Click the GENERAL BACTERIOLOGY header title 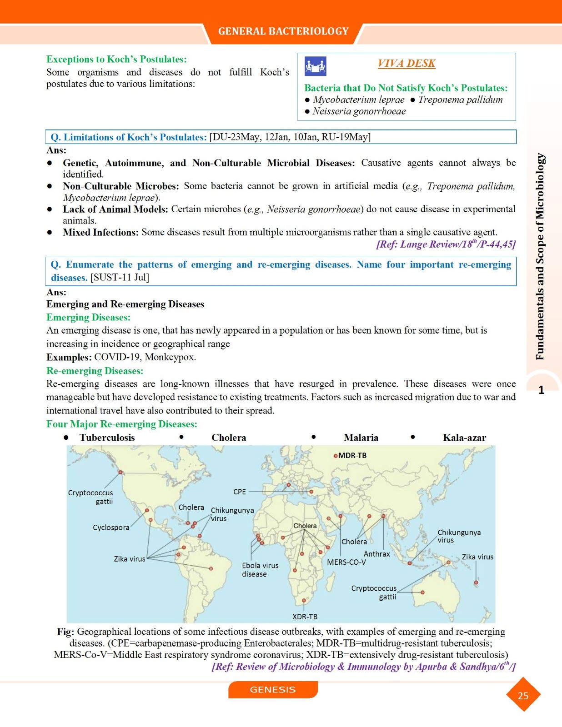point(283,31)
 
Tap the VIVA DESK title point(406,63)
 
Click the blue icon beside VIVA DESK point(315,66)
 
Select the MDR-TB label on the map point(352,455)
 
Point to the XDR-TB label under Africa point(305,617)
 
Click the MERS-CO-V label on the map point(346,562)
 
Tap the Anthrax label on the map point(376,554)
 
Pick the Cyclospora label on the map point(111,528)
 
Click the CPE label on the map point(240,492)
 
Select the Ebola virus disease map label point(260,570)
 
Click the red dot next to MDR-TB point(336,456)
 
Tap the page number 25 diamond point(523,695)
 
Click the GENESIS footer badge point(273,689)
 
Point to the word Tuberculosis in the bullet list point(107,438)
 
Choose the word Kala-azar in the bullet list point(464,438)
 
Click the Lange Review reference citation point(446,244)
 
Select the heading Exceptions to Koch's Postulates point(116,59)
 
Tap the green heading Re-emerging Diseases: point(95,371)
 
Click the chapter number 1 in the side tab point(541,390)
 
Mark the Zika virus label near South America point(130,559)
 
